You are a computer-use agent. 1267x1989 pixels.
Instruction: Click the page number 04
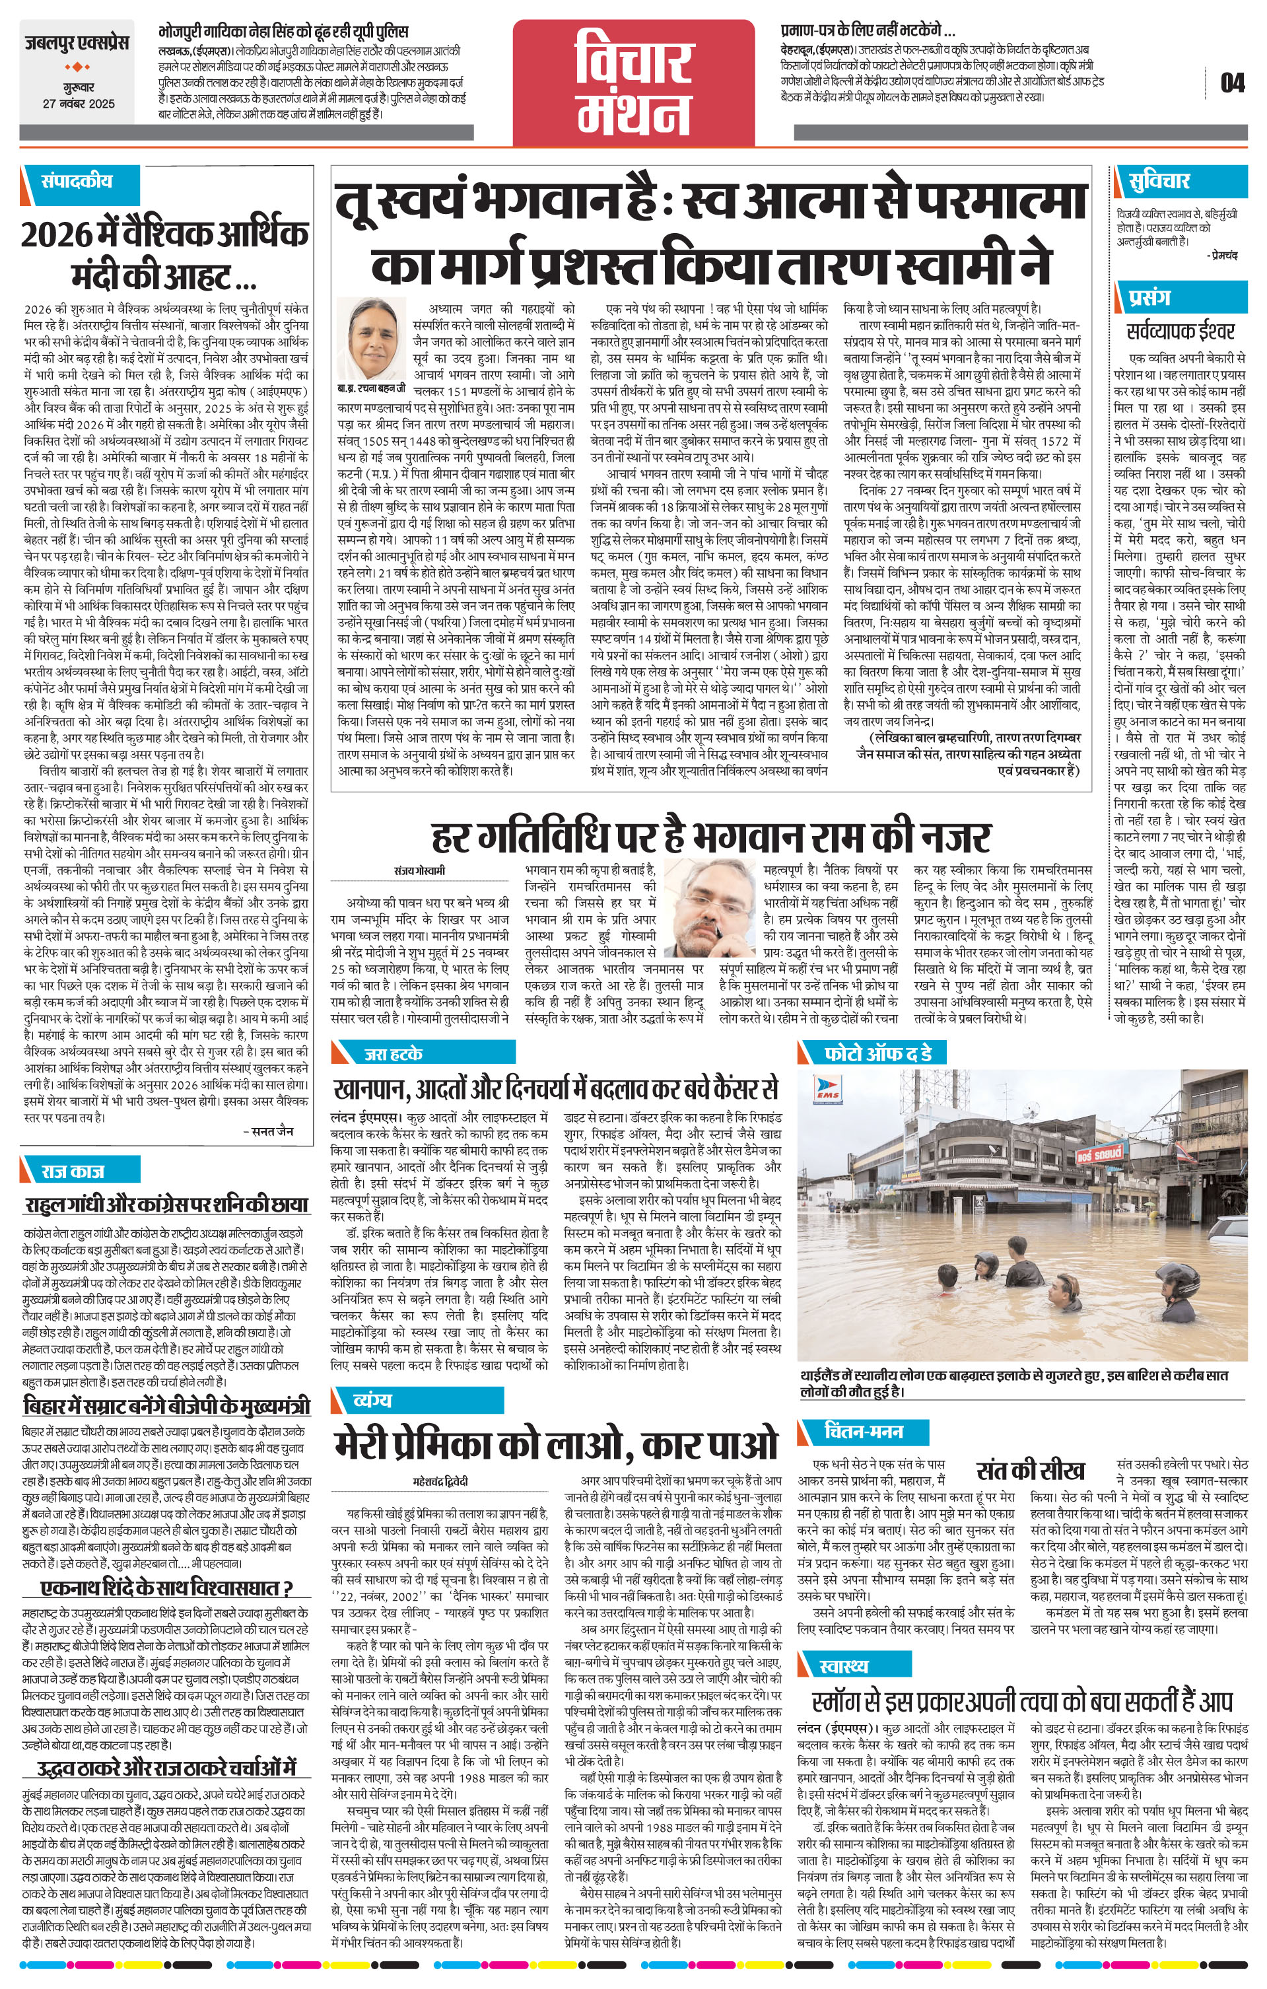(1231, 83)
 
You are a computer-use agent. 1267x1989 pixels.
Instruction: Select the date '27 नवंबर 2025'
(79, 104)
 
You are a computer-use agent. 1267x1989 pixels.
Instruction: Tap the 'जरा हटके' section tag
(394, 1053)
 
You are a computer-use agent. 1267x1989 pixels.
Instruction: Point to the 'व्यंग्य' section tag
(372, 1399)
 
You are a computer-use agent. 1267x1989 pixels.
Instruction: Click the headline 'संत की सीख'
(1030, 1471)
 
